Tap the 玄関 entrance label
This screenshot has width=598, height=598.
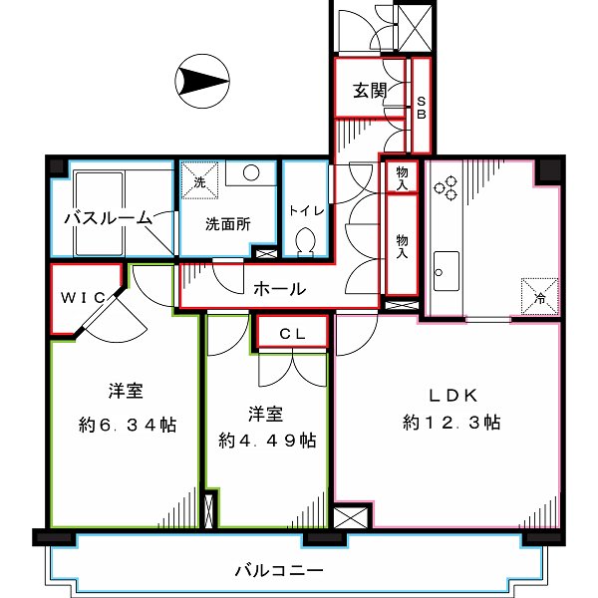(x=369, y=90)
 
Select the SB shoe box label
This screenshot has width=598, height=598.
(x=421, y=107)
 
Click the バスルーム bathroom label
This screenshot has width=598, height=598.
(x=108, y=217)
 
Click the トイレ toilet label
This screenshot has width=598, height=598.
(x=303, y=211)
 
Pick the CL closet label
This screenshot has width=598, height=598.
(x=291, y=334)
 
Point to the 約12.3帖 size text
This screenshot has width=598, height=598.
(x=452, y=423)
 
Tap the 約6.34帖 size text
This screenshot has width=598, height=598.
(x=128, y=425)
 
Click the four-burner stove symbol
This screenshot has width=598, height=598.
(x=445, y=185)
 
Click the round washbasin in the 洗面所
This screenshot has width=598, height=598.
(x=250, y=172)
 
